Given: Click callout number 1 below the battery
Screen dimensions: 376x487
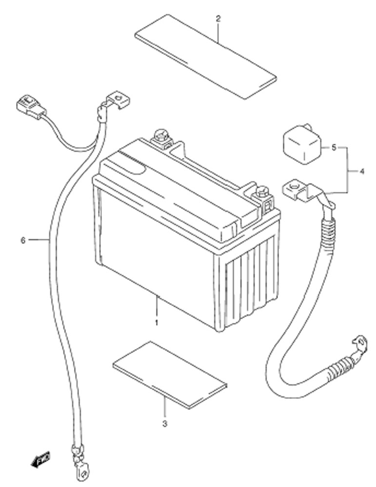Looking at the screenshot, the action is click(157, 323).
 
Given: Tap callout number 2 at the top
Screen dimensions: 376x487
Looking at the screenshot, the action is click(218, 19).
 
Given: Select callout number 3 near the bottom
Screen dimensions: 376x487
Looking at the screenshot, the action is click(165, 423).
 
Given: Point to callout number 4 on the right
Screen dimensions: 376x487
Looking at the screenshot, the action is click(362, 171).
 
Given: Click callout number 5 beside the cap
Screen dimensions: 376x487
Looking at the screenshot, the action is click(334, 148).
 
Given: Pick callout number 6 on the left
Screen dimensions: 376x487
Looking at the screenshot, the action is click(23, 240).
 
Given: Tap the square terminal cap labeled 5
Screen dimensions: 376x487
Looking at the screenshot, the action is click(301, 143).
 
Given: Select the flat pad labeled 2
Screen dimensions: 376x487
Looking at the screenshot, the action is click(206, 56).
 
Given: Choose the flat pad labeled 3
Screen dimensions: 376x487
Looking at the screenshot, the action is click(170, 375).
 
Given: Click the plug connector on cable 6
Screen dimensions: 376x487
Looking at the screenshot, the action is click(31, 106).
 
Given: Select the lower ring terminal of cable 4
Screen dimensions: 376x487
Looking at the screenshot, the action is click(360, 344).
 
